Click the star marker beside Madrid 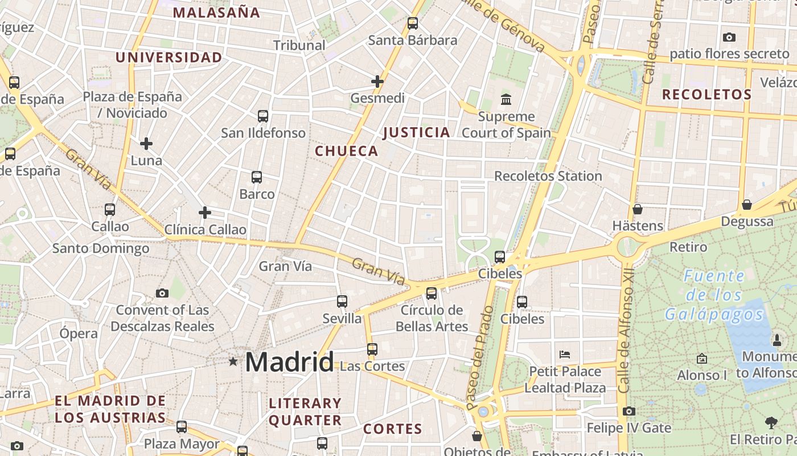[233, 361]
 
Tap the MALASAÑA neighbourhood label [216, 13]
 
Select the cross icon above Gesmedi [377, 82]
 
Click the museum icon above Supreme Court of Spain [506, 100]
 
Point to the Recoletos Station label [548, 176]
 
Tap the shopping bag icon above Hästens [638, 209]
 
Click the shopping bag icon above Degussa [747, 205]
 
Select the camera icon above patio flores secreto [729, 38]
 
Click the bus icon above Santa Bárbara [413, 23]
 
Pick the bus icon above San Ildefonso [263, 116]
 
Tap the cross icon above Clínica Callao [205, 213]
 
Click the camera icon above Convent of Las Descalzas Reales [162, 294]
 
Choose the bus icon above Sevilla [342, 302]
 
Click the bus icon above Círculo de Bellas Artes [432, 294]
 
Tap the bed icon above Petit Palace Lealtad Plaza [565, 354]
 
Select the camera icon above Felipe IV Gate [629, 411]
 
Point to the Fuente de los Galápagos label [714, 295]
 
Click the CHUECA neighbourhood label [346, 151]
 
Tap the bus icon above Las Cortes [372, 349]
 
